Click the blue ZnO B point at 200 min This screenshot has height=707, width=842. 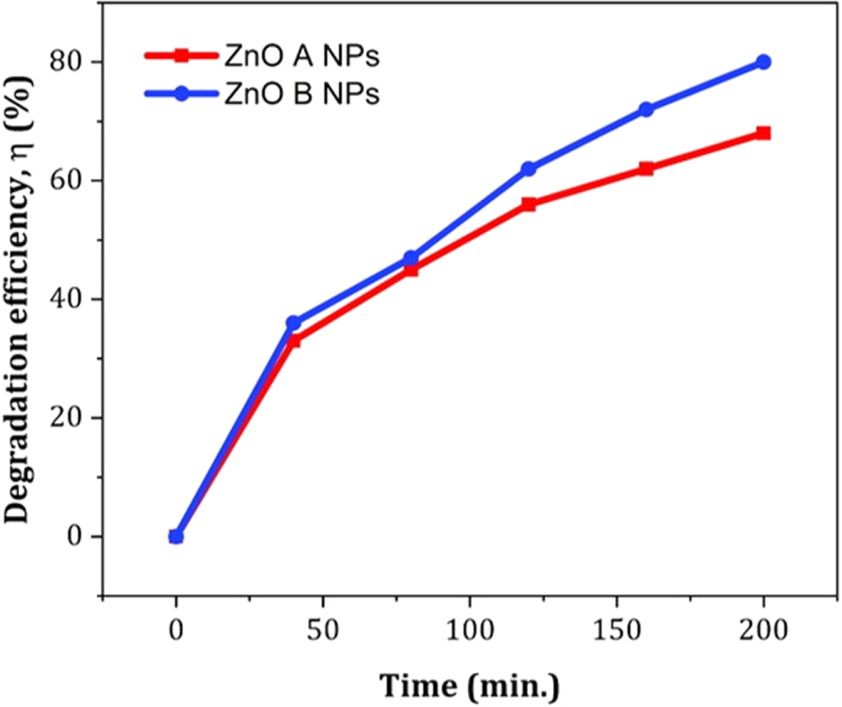coord(764,62)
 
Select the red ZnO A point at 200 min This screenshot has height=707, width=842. coord(764,133)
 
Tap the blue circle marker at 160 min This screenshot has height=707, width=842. coord(646,109)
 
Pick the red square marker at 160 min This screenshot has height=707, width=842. coord(646,168)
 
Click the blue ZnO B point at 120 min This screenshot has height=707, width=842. coord(528,168)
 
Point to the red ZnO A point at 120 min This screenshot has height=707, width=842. coord(528,204)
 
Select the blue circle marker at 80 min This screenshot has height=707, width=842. coord(410,258)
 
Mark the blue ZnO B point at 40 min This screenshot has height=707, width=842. coord(293,323)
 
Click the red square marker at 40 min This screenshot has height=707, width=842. coord(293,340)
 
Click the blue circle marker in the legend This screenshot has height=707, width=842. coord(183,94)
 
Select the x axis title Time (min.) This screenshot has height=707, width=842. coord(469,686)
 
